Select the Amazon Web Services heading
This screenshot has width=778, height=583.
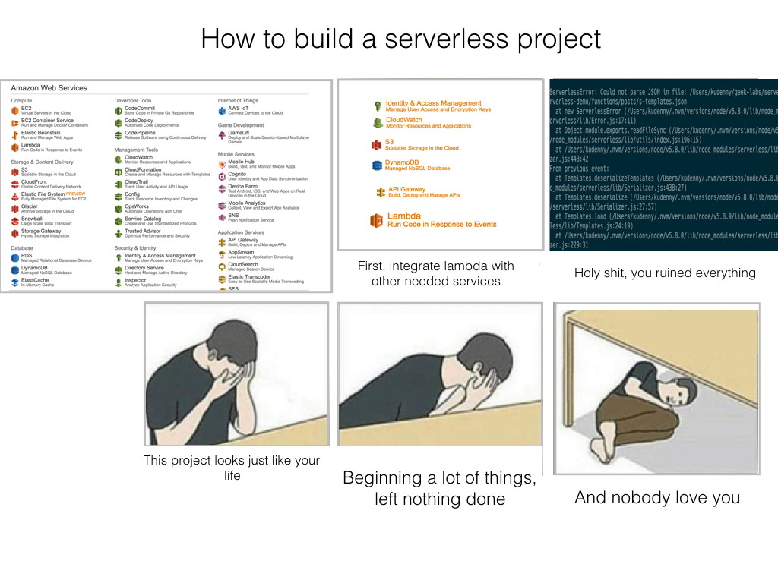click(x=49, y=88)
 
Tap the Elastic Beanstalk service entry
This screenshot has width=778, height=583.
click(x=42, y=133)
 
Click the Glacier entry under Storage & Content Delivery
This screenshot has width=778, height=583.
click(x=30, y=206)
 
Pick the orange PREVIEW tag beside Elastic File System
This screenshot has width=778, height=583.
click(x=76, y=194)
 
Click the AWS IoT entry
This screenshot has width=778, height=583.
click(x=239, y=109)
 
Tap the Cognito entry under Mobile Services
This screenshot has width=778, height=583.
click(x=238, y=174)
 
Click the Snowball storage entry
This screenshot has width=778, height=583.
click(x=32, y=219)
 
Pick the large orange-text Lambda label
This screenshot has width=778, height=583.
click(x=403, y=216)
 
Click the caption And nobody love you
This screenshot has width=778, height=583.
click(x=657, y=498)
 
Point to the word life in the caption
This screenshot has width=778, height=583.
click(x=232, y=476)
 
